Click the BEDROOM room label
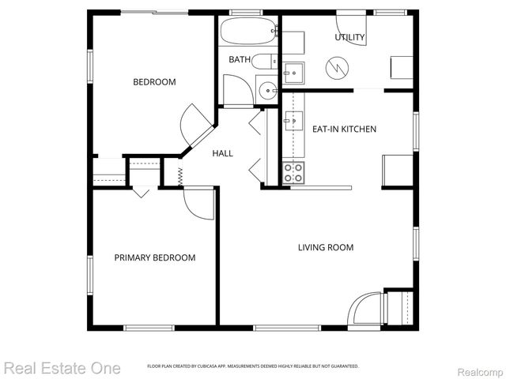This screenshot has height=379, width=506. pyautogui.click(x=154, y=82)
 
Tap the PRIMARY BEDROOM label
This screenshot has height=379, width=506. pyautogui.click(x=154, y=257)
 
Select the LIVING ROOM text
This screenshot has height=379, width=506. pyautogui.click(x=325, y=248)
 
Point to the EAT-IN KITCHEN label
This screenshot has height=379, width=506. pyautogui.click(x=344, y=129)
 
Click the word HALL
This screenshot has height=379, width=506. pyautogui.click(x=222, y=153)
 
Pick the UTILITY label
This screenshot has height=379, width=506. pyautogui.click(x=349, y=37)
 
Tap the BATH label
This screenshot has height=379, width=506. pyautogui.click(x=240, y=60)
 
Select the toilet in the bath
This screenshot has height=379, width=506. pyautogui.click(x=266, y=62)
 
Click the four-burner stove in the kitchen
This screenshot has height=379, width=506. pyautogui.click(x=293, y=173)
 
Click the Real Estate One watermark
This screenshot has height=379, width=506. pyautogui.click(x=62, y=368)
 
